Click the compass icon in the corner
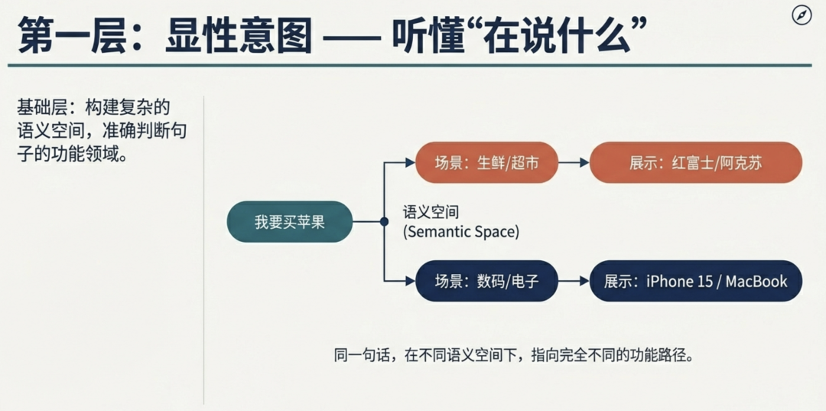(x=802, y=15)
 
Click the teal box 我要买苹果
(x=290, y=222)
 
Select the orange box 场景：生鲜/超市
(x=486, y=163)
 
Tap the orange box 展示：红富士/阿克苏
(x=695, y=163)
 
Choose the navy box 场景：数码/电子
(x=486, y=281)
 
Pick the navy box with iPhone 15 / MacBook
(x=695, y=281)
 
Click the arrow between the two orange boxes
(x=574, y=163)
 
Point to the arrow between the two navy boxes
(x=574, y=281)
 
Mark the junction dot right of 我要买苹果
(x=384, y=222)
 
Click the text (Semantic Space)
(x=460, y=231)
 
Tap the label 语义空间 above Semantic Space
(x=431, y=212)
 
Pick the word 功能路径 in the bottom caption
(x=659, y=355)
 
